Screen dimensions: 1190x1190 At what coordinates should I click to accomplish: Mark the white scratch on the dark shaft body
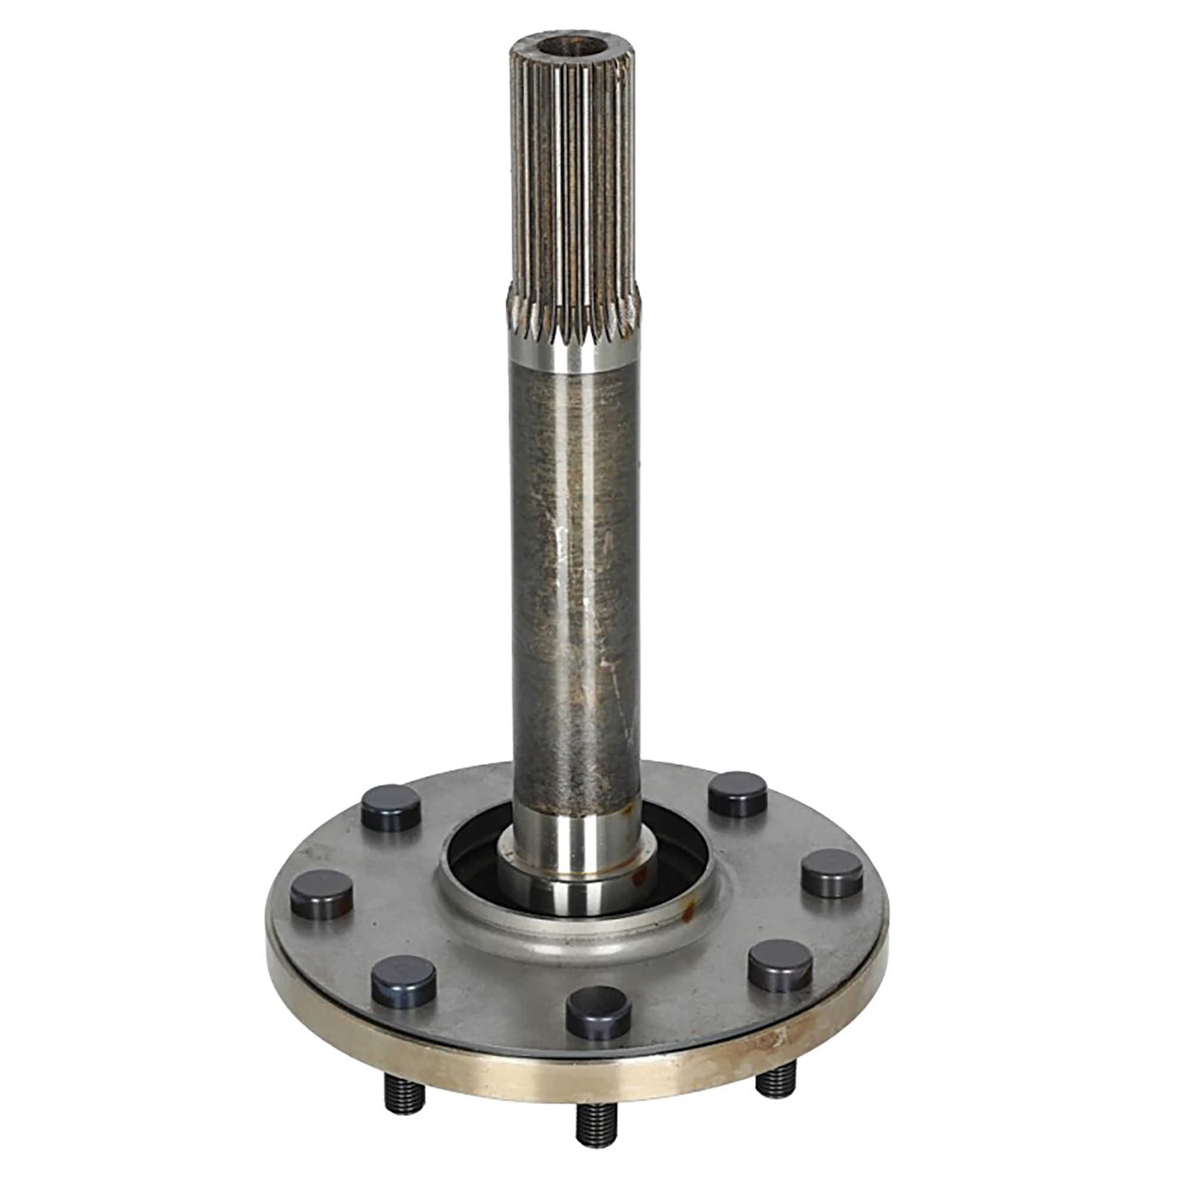[x=560, y=542]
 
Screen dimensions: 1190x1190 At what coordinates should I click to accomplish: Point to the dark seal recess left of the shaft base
[x=474, y=862]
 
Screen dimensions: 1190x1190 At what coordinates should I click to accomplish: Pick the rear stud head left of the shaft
[x=390, y=807]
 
